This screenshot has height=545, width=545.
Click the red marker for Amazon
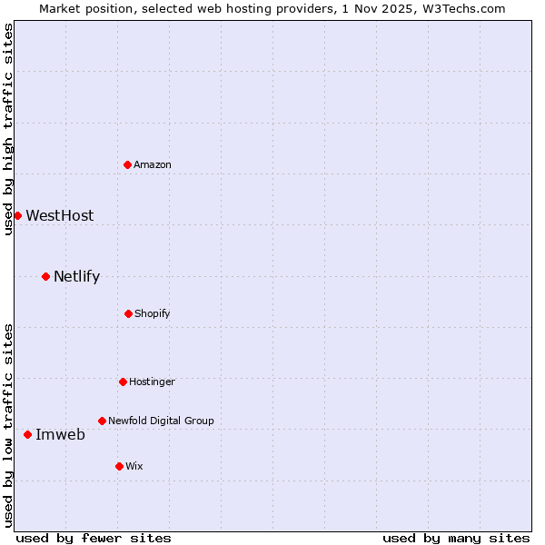[x=128, y=164]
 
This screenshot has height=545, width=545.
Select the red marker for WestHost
[x=17, y=215]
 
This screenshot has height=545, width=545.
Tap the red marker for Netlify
[x=45, y=276]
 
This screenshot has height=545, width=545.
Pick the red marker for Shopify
[x=128, y=313]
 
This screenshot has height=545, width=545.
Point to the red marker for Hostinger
[x=123, y=381]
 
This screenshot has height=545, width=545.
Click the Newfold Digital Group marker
[x=102, y=421]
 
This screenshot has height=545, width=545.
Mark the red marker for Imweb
[x=27, y=434]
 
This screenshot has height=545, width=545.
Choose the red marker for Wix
[x=119, y=466]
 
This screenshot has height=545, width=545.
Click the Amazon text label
[x=153, y=164]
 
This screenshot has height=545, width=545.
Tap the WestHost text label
[x=59, y=215]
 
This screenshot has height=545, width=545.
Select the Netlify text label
[x=76, y=276]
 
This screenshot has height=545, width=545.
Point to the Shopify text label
[x=153, y=313]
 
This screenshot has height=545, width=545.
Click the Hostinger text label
[x=152, y=381]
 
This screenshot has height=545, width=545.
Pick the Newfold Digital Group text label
[x=161, y=421]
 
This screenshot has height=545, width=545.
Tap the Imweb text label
[x=60, y=434]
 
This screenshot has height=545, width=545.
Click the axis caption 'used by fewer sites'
[x=94, y=538]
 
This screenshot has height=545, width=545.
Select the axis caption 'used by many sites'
[x=456, y=538]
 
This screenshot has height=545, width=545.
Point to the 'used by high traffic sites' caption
[x=8, y=129]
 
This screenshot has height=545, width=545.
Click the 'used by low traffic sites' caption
[x=8, y=425]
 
